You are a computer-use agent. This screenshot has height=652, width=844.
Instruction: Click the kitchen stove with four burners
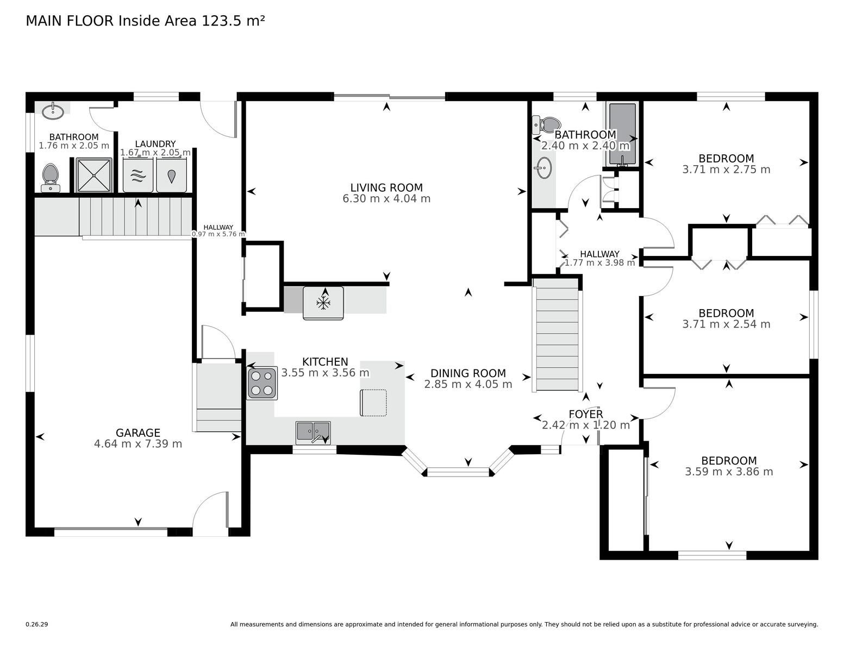pyautogui.click(x=262, y=383)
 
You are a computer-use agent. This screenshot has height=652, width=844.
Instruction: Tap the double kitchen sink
pyautogui.click(x=313, y=432)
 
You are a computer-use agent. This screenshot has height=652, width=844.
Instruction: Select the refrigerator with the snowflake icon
pyautogui.click(x=323, y=303)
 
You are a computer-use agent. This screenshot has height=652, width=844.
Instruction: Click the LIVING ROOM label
pyautogui.click(x=386, y=187)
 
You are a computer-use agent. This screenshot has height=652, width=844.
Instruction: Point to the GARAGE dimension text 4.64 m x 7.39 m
pyautogui.click(x=138, y=443)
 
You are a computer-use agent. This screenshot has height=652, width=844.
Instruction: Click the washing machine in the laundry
pyautogui.click(x=171, y=175)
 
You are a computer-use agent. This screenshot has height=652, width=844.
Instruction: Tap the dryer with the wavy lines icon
pyautogui.click(x=138, y=175)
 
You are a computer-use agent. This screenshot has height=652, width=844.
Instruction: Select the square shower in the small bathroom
pyautogui.click(x=94, y=175)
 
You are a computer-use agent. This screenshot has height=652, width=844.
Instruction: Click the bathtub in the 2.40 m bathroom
pyautogui.click(x=623, y=134)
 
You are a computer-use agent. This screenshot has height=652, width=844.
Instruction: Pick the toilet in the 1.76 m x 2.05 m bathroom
pyautogui.click(x=51, y=178)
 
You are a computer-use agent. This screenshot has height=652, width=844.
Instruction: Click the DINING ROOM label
pyautogui.click(x=468, y=373)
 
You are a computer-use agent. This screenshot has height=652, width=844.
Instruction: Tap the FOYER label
pyautogui.click(x=586, y=415)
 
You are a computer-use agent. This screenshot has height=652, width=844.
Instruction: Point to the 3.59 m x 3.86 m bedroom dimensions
pyautogui.click(x=729, y=472)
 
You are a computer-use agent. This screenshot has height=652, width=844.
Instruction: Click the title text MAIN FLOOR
pyautogui.click(x=70, y=21)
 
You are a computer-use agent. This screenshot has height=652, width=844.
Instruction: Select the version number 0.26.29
pyautogui.click(x=37, y=624)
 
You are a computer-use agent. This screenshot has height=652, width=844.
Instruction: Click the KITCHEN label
pyautogui.click(x=325, y=361)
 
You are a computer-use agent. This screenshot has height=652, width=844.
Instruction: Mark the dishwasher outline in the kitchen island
pyautogui.click(x=373, y=403)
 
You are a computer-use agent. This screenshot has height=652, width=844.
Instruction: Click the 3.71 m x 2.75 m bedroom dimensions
pyautogui.click(x=726, y=170)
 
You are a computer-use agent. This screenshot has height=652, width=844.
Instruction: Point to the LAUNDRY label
pyautogui.click(x=155, y=143)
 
